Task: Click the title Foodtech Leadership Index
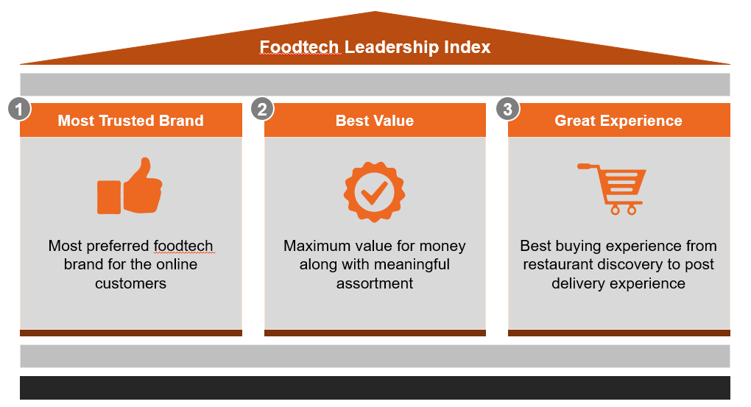pyautogui.click(x=375, y=47)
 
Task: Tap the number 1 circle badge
pyautogui.click(x=19, y=110)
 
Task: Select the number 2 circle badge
pyautogui.click(x=262, y=110)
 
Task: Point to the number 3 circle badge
pyautogui.click(x=508, y=110)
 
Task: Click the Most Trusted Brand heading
pyautogui.click(x=131, y=120)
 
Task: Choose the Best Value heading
pyautogui.click(x=375, y=120)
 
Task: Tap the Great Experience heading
pyautogui.click(x=618, y=120)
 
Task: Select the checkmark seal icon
pyautogui.click(x=375, y=192)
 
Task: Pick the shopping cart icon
pyautogui.click(x=612, y=188)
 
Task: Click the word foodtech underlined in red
pyautogui.click(x=183, y=246)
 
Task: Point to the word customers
pyautogui.click(x=131, y=283)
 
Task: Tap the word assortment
pyautogui.click(x=375, y=283)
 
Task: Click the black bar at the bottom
pyautogui.click(x=375, y=388)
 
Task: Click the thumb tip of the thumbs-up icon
pyautogui.click(x=144, y=160)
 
